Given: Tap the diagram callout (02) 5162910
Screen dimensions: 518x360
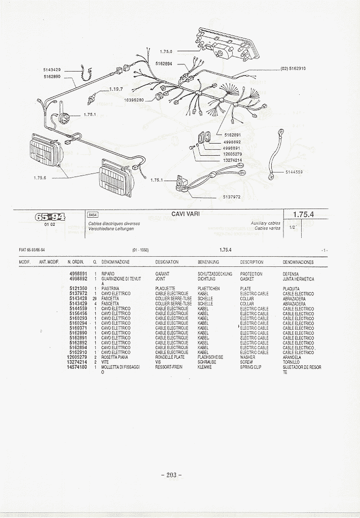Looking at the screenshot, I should [293, 68].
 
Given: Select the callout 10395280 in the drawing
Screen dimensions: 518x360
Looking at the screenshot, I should [134, 100].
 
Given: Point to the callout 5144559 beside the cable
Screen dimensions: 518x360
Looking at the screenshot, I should [294, 172].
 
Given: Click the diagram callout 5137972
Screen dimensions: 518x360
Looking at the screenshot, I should [231, 196].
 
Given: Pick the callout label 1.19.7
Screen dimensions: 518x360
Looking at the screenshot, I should [116, 89].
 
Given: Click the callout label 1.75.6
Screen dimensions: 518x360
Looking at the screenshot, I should [40, 178].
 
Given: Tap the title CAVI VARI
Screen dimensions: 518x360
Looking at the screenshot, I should [186, 214].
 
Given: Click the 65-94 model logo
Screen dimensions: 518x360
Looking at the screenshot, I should [50, 217].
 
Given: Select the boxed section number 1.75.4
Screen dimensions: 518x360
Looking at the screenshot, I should [304, 215].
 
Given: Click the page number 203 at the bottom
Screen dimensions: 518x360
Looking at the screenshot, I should [171, 475].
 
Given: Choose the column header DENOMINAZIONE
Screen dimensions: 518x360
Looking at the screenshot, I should [116, 262].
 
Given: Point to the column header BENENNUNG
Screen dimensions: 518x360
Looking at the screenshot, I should [208, 262].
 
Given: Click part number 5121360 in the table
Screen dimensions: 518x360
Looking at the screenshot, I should [79, 289].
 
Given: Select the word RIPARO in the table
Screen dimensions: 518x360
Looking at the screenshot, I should [108, 274].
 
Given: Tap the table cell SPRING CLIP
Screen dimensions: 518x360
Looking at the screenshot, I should [250, 367].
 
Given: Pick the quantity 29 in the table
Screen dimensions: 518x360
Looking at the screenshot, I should [94, 299].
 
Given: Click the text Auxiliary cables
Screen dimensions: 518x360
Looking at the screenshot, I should [265, 223].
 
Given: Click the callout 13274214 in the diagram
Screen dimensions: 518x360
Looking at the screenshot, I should [233, 160].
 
